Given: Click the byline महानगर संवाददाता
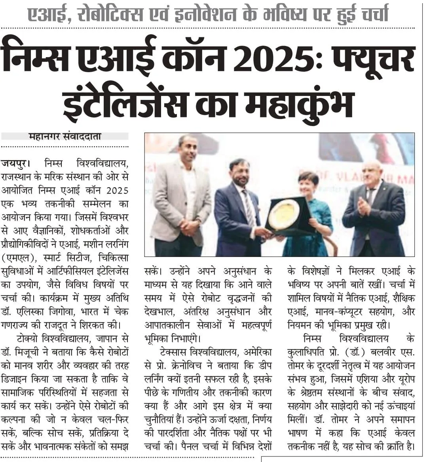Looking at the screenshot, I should point(65,136).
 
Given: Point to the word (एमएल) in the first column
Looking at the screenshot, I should point(16,258).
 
